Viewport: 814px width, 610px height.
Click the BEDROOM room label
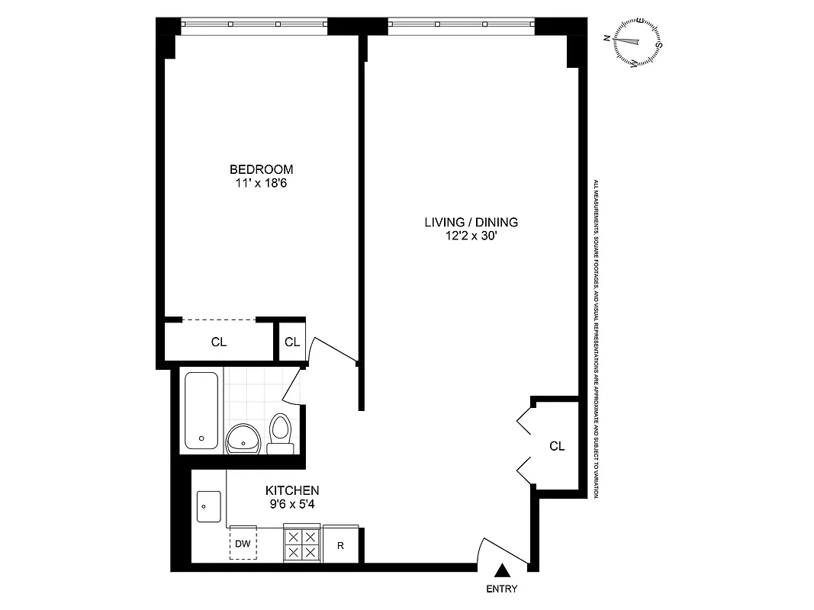tap(262, 169)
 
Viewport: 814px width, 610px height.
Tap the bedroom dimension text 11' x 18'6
tap(262, 183)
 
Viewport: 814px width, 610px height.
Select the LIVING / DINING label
tap(471, 223)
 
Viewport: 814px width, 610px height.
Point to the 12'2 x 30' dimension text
tap(471, 236)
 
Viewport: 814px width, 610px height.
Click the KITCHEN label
tap(291, 490)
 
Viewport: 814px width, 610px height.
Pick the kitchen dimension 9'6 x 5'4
tap(291, 504)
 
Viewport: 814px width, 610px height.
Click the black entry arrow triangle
tap(503, 570)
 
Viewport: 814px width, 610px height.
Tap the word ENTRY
tap(501, 589)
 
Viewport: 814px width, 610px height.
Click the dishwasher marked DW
tap(243, 544)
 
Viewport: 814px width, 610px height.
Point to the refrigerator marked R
tap(341, 544)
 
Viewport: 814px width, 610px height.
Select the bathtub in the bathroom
tap(202, 410)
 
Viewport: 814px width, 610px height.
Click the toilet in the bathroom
tap(281, 433)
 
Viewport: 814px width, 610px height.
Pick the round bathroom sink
tap(244, 438)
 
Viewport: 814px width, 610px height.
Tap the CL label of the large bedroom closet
tap(219, 342)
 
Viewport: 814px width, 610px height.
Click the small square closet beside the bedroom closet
tap(291, 342)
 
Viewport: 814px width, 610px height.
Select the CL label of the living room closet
tap(557, 446)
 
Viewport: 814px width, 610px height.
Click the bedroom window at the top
tap(254, 25)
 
